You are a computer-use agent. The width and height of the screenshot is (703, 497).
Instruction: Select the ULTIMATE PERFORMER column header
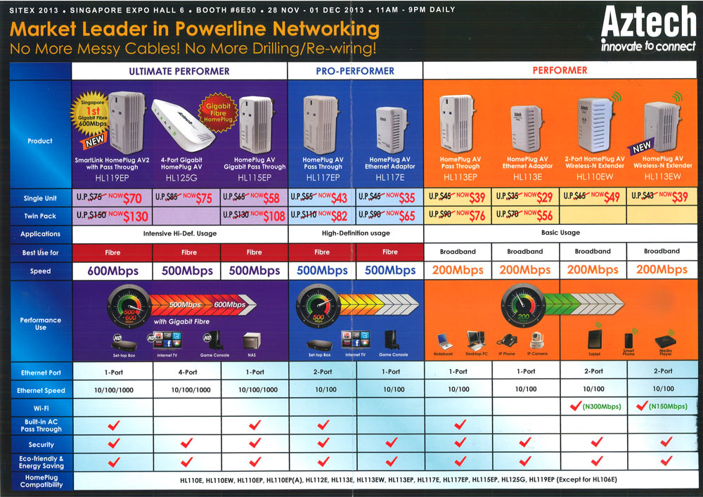(x=179, y=71)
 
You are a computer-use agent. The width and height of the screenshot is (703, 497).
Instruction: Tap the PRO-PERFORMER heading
(x=355, y=71)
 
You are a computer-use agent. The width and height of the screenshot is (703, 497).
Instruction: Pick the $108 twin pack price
(x=270, y=217)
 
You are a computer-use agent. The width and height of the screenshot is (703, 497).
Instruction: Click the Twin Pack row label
(x=40, y=217)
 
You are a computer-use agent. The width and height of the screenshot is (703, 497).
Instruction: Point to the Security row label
(x=41, y=445)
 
